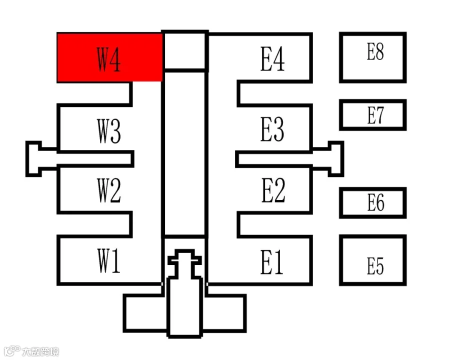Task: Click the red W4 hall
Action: click(109, 57)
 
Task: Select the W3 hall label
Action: click(108, 132)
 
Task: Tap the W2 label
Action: click(108, 190)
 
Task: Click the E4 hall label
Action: click(272, 58)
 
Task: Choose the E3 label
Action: click(272, 129)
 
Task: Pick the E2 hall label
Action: click(273, 190)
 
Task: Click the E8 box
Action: click(372, 57)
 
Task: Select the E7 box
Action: click(372, 115)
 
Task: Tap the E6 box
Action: click(372, 202)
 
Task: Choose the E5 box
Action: click(372, 260)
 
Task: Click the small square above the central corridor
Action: click(185, 50)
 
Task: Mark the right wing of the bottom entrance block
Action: click(224, 313)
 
